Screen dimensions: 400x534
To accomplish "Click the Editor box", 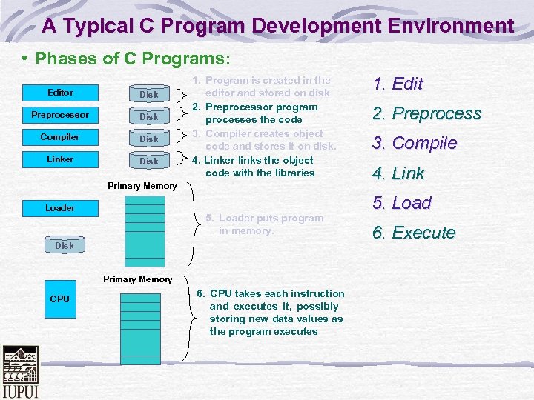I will click(x=60, y=93).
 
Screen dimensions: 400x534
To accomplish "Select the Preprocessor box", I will click(x=60, y=115).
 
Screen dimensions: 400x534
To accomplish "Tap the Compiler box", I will click(x=60, y=137).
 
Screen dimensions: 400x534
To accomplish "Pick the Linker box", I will click(x=60, y=159).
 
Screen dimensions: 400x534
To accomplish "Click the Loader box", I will click(x=60, y=208).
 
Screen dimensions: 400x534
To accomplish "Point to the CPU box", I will click(x=60, y=299).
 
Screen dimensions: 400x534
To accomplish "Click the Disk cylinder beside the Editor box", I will click(x=149, y=94).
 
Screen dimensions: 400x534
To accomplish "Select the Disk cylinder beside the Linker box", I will click(x=149, y=161).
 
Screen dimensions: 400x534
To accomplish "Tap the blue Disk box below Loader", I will click(x=65, y=245).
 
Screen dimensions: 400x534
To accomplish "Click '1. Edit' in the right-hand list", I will click(x=398, y=84).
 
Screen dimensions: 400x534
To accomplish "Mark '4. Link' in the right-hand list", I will click(x=398, y=173).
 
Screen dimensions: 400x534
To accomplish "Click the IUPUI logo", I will click(x=20, y=371).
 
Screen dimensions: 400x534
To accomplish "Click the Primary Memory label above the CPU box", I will click(x=138, y=279).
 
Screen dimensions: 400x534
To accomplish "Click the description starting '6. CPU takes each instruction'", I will click(x=271, y=313).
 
